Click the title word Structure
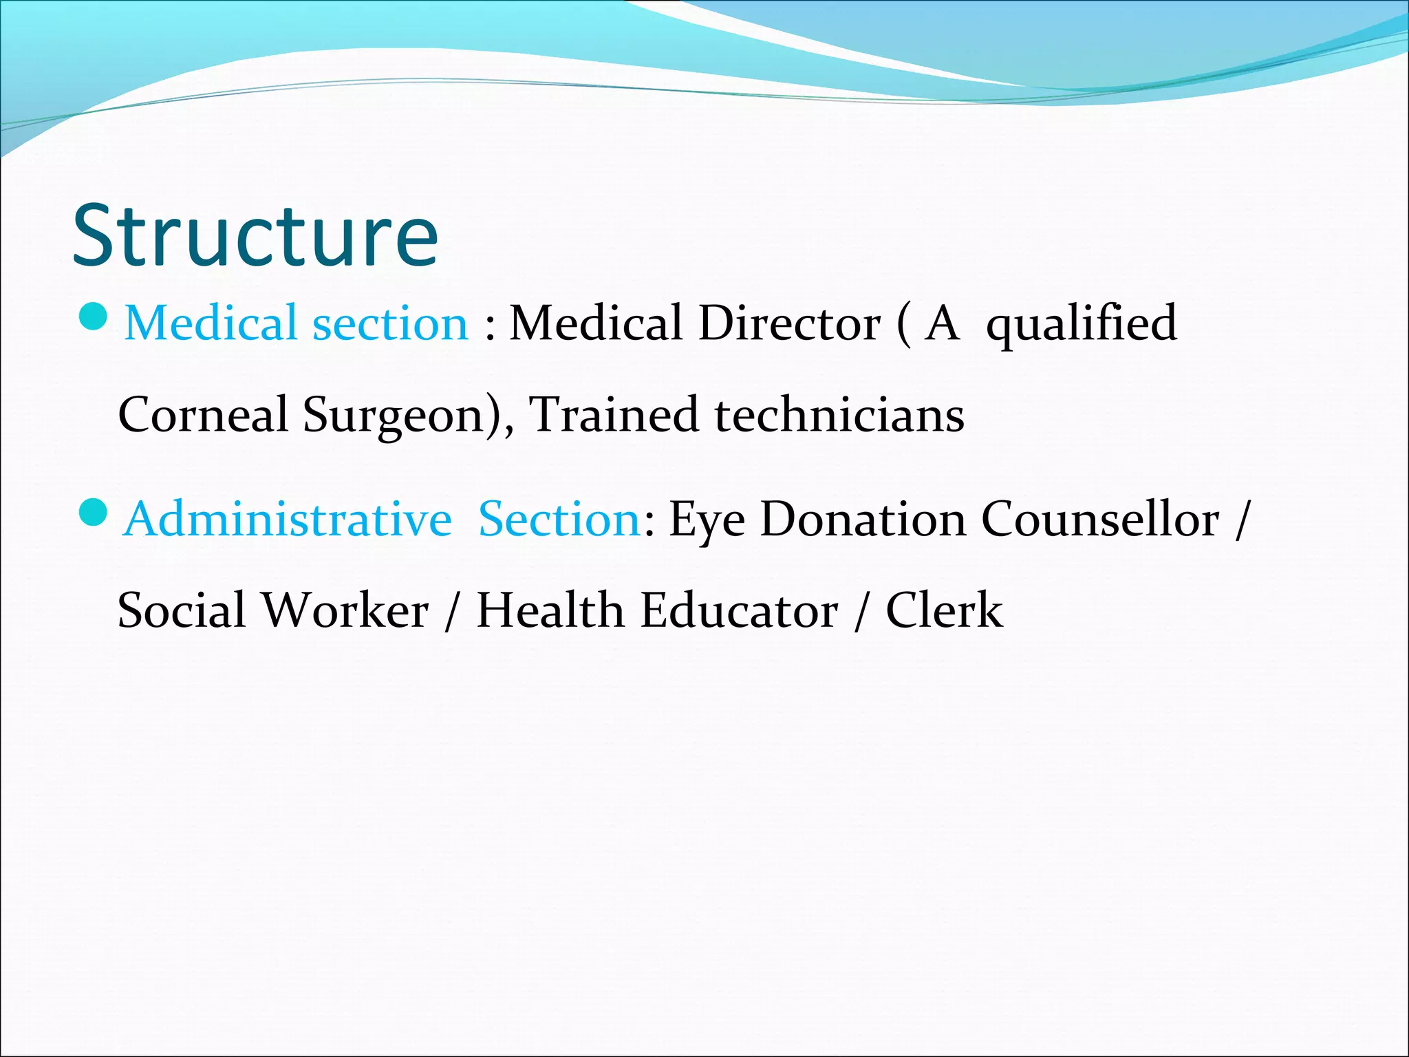point(255,235)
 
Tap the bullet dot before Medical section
point(94,317)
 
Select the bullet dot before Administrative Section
point(94,512)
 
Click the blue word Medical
point(210,323)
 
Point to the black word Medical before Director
point(596,323)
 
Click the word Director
point(789,323)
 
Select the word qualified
point(1081,324)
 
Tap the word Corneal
point(203,415)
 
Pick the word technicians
point(839,415)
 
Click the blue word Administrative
point(288,519)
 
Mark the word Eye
point(707,520)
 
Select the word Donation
point(863,519)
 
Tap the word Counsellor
point(1100,519)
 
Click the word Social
point(182,610)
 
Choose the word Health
point(550,610)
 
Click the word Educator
point(740,610)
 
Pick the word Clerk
point(944,610)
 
